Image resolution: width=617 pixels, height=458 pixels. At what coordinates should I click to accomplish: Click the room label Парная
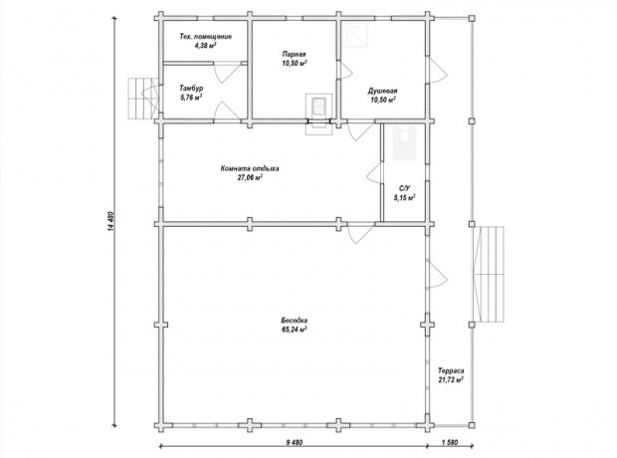294,54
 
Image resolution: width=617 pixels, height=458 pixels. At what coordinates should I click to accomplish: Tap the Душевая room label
382,91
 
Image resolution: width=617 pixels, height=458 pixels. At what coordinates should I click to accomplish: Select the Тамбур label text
191,89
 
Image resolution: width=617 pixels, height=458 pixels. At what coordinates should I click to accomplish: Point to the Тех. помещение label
205,37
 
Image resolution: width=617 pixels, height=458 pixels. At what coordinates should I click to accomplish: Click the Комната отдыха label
250,168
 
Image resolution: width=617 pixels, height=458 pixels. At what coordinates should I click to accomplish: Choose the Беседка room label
294,321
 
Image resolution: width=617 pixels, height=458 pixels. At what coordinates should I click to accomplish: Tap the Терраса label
451,371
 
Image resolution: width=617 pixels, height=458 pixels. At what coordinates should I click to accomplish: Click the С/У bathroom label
404,189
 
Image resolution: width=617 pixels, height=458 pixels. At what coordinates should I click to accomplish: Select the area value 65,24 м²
294,330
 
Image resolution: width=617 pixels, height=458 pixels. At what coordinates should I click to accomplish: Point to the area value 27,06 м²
250,177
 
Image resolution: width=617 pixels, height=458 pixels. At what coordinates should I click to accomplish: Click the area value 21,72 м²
451,380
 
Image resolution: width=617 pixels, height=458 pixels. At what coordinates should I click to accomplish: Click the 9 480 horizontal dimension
294,442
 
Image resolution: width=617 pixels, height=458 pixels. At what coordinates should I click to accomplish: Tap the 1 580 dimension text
450,442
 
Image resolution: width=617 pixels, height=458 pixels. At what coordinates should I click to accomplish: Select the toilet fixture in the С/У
404,135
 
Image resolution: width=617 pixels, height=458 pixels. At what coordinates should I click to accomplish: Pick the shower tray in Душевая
355,35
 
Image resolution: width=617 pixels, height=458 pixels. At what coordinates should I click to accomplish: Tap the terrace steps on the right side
489,274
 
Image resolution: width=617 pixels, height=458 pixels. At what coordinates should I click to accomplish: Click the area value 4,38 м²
205,46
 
